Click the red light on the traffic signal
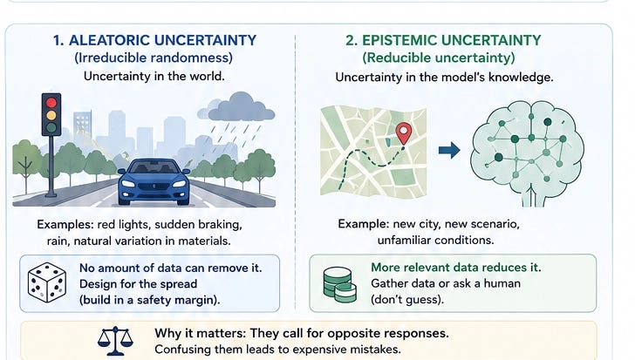pyautogui.click(x=51, y=103)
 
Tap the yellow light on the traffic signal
pyautogui.click(x=51, y=116)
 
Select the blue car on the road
pyautogui.click(x=154, y=181)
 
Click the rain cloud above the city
pyautogui.click(x=236, y=106)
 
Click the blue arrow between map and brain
pyautogui.click(x=449, y=150)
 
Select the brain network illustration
pyautogui.click(x=527, y=153)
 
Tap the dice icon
pyautogui.click(x=47, y=282)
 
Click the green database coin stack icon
pyautogui.click(x=340, y=285)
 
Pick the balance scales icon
pyautogui.click(x=115, y=341)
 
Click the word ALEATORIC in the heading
pyautogui.click(x=110, y=40)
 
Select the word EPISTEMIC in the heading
pyautogui.click(x=399, y=40)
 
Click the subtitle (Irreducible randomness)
pyautogui.click(x=154, y=58)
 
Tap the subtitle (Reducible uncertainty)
pyautogui.click(x=439, y=58)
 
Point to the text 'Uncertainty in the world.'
pyautogui.click(x=154, y=76)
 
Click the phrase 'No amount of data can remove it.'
pyautogui.click(x=170, y=268)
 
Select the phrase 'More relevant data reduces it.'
pyautogui.click(x=456, y=268)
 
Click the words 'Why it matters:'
pyautogui.click(x=200, y=333)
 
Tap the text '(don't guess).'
pyautogui.click(x=407, y=299)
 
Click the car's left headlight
pyautogui.click(x=128, y=184)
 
